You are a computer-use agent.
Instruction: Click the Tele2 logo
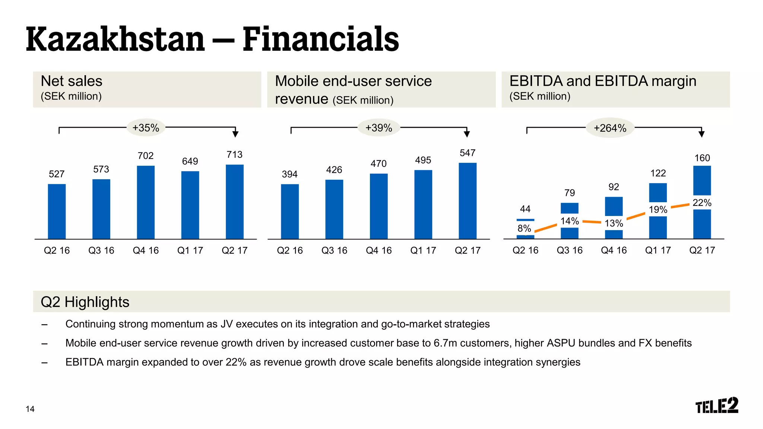pos(716,406)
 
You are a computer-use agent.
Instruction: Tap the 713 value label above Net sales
pos(234,155)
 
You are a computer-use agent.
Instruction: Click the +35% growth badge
pos(146,128)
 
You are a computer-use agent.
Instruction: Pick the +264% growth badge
pos(610,128)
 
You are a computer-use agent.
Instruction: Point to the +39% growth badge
pos(379,128)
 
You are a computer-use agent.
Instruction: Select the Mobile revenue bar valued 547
pos(468,201)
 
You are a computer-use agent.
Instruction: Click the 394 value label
pos(289,174)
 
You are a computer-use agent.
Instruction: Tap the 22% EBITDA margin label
pos(702,203)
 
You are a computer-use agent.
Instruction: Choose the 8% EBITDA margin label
pos(524,228)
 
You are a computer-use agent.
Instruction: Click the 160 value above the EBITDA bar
pos(702,158)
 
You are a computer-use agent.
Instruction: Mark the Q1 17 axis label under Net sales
pos(190,251)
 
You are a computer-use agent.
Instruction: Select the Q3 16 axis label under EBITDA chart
pos(569,250)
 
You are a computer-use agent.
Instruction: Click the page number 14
pos(30,409)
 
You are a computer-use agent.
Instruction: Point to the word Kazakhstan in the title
pos(115,39)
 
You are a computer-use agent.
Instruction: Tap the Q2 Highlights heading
pos(85,302)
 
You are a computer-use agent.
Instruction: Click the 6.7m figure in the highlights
pos(445,343)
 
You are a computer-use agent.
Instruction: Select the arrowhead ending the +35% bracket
pos(235,134)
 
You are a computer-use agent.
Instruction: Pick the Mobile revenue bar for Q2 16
pos(289,212)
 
